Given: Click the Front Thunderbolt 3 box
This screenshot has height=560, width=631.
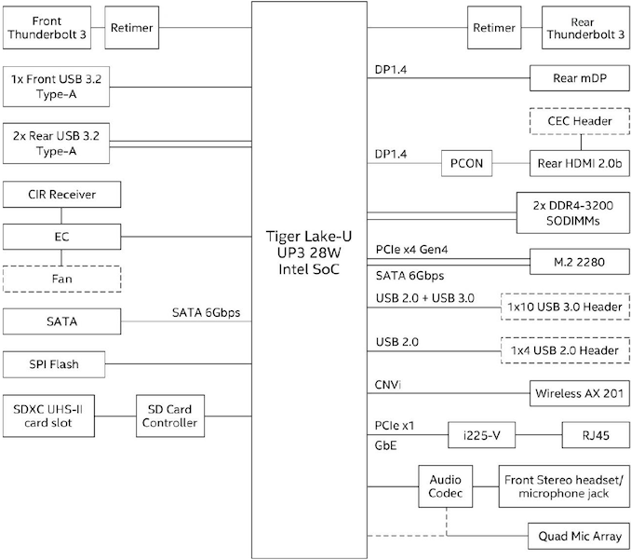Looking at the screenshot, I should coord(47,28).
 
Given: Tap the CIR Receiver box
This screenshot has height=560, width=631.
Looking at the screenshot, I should coord(62,195).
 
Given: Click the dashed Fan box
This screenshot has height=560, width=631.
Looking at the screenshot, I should coord(62,278).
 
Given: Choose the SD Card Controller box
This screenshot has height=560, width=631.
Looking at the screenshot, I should coord(170,416).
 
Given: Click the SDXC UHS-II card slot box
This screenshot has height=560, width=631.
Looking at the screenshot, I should coord(53,416).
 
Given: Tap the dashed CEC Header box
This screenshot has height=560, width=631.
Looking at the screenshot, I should coord(579,122).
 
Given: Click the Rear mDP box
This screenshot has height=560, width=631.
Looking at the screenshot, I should coord(579,78).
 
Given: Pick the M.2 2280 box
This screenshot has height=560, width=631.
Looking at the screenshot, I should coord(579,262).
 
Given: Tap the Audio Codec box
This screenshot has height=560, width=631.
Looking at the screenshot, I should coord(445,486).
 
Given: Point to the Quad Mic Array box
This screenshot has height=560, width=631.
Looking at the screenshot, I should coord(579,537).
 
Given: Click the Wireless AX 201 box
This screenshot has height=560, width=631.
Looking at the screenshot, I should coord(579,392).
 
